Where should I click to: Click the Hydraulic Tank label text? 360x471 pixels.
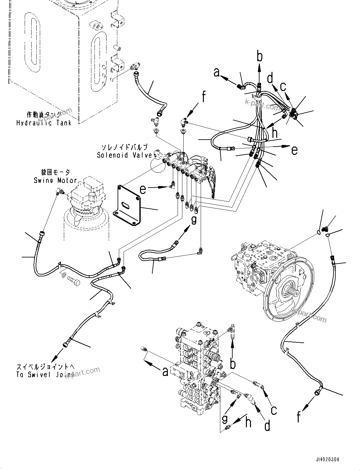pyautogui.click(x=44, y=123)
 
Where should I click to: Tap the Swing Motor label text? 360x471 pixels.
pyautogui.click(x=55, y=180)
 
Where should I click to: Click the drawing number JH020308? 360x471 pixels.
pyautogui.click(x=327, y=460)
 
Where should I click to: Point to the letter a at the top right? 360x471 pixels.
pyautogui.click(x=217, y=72)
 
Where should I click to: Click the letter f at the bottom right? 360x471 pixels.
pyautogui.click(x=299, y=418)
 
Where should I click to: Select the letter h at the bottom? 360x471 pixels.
pyautogui.click(x=248, y=422)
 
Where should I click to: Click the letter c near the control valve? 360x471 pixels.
pyautogui.click(x=273, y=410)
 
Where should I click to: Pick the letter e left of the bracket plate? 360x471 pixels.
pyautogui.click(x=143, y=190)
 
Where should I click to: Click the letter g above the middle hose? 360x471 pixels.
pyautogui.click(x=194, y=220)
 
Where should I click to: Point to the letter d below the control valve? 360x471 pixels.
pyautogui.click(x=267, y=426)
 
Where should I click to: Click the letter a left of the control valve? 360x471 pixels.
pyautogui.click(x=165, y=372)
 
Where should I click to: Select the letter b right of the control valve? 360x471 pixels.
pyautogui.click(x=233, y=364)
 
